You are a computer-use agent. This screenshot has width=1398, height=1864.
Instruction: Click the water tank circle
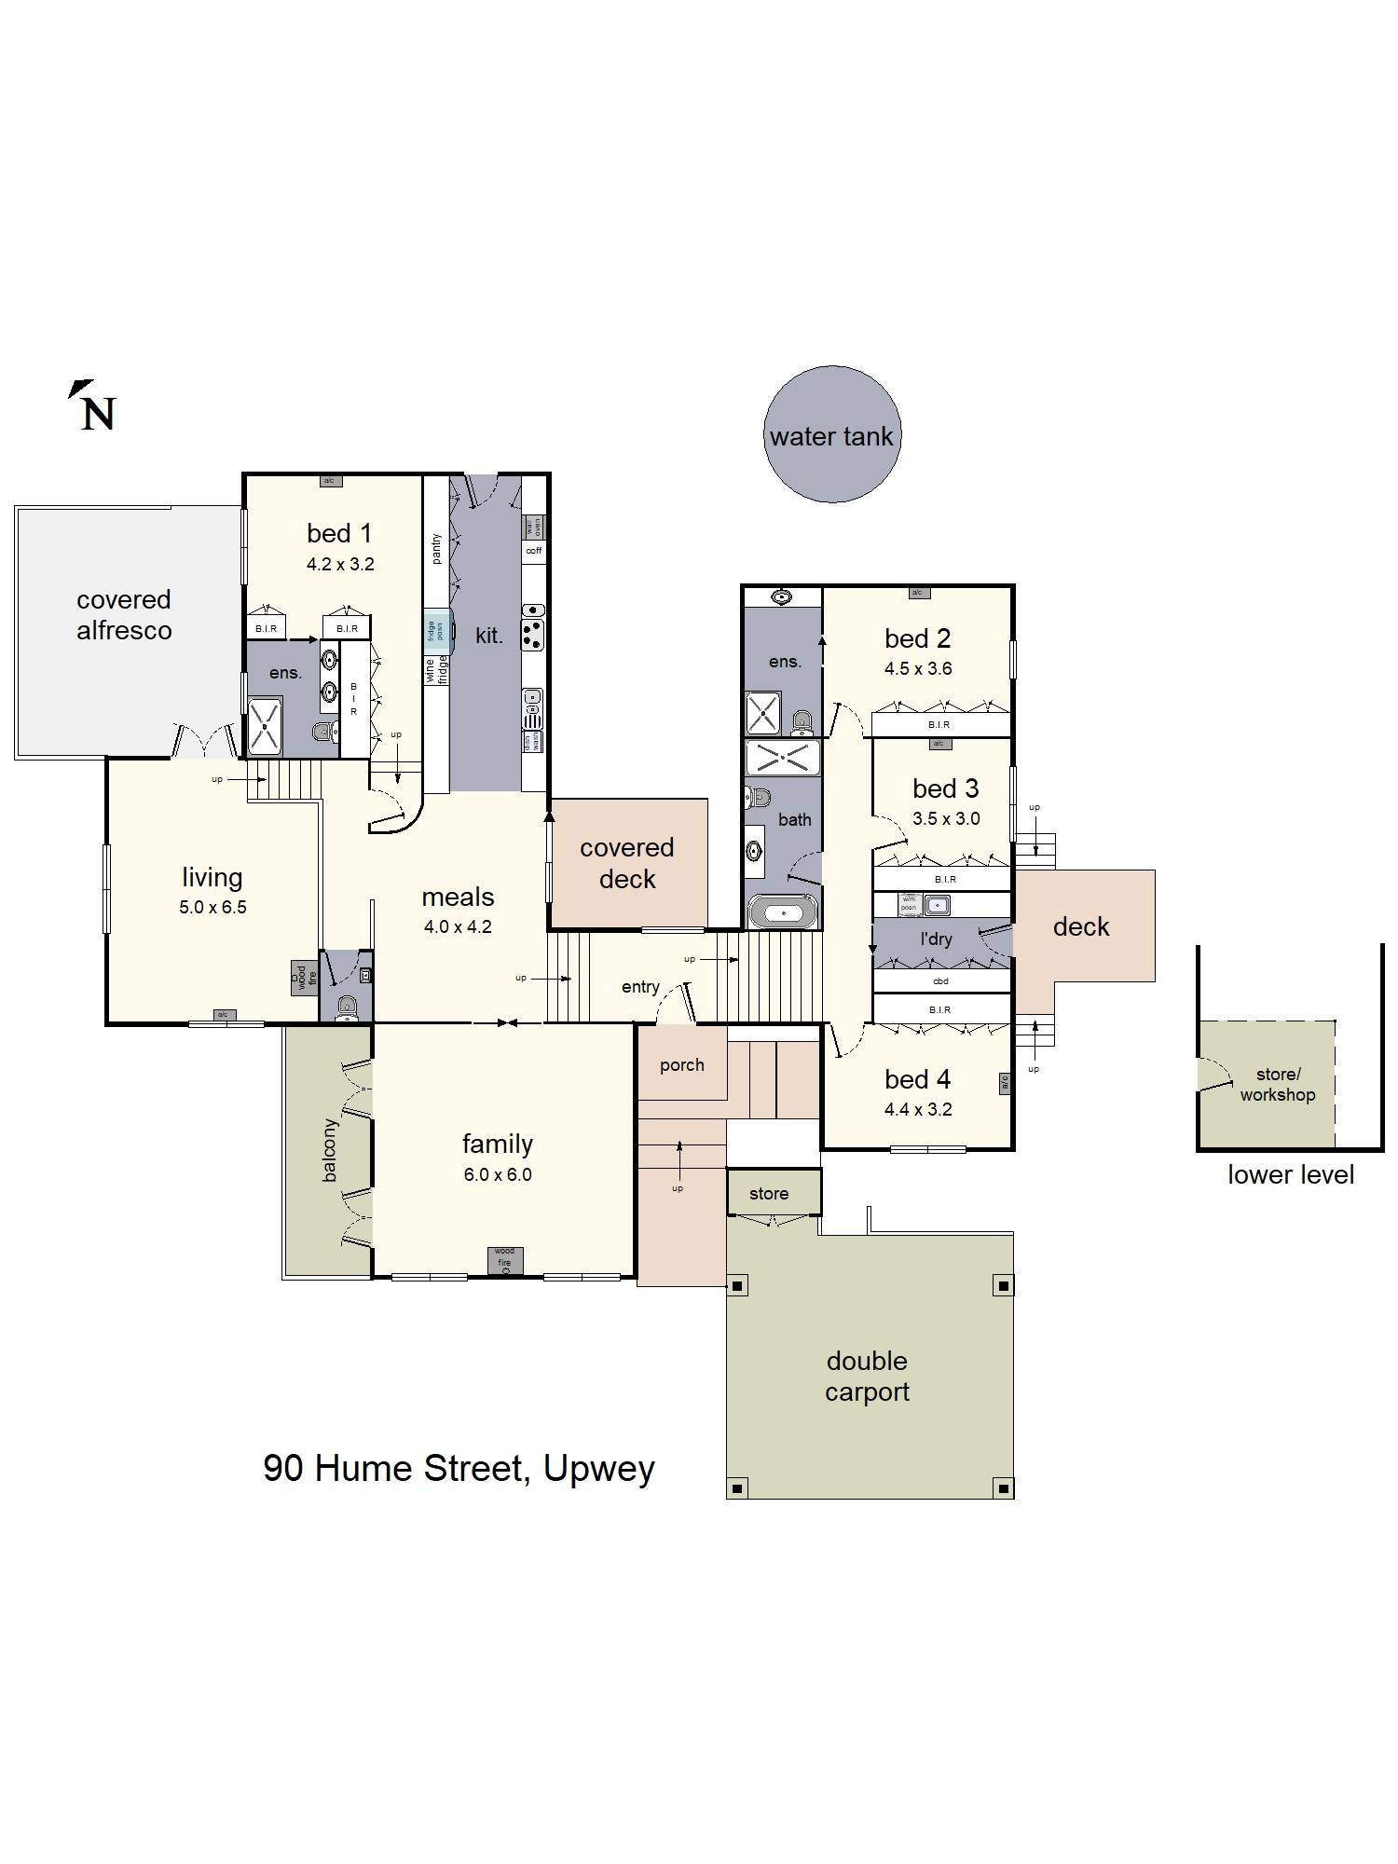831,435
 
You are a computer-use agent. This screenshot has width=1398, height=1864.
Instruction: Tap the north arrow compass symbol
92,406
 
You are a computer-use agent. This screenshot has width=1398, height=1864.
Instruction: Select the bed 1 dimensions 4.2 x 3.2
340,564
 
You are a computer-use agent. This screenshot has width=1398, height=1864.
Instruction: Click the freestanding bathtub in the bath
783,912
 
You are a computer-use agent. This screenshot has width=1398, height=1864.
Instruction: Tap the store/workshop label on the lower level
1277,1085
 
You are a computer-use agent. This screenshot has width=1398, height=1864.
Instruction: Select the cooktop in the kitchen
532,635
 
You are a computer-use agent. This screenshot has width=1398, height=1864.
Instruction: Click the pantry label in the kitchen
436,549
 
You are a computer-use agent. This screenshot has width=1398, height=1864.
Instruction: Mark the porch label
681,1065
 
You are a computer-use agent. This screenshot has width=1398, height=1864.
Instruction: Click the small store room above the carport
769,1194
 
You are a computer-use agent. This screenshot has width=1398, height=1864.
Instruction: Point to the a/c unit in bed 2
917,593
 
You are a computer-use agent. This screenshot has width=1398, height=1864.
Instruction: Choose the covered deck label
627,863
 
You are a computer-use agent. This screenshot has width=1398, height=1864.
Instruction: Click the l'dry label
936,939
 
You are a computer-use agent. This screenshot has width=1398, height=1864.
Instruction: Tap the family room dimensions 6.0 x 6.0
498,1174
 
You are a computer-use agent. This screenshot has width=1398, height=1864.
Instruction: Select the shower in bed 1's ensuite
265,724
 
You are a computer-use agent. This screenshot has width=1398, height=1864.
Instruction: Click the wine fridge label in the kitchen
436,670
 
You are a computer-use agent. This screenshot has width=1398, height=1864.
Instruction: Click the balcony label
329,1150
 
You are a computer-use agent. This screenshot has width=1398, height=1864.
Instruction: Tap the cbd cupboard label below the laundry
940,980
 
